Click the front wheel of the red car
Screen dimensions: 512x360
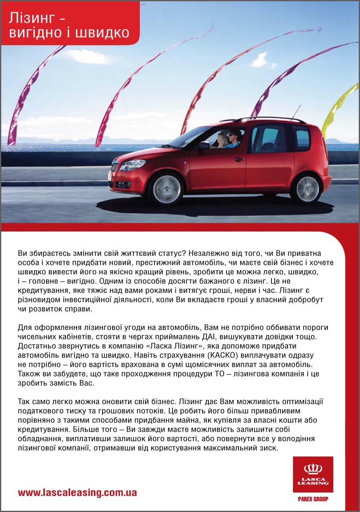pos(166,189)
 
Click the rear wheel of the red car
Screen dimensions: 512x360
pos(307,189)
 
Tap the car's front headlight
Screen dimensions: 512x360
pos(132,165)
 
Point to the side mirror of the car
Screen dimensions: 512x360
pos(203,145)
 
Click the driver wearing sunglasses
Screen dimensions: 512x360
pos(233,138)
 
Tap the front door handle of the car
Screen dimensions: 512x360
pos(238,159)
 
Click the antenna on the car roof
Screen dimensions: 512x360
pos(296,112)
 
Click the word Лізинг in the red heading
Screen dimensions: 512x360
pos(32,19)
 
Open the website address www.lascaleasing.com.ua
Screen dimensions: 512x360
pos(77,492)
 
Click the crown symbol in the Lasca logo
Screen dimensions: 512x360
pos(313,469)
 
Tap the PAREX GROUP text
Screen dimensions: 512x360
pos(313,499)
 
